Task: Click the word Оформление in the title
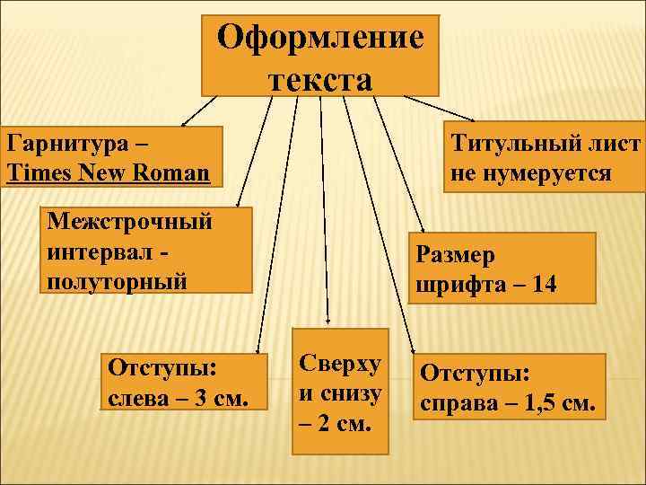(321, 40)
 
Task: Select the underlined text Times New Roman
(108, 171)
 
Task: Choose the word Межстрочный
(130, 221)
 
